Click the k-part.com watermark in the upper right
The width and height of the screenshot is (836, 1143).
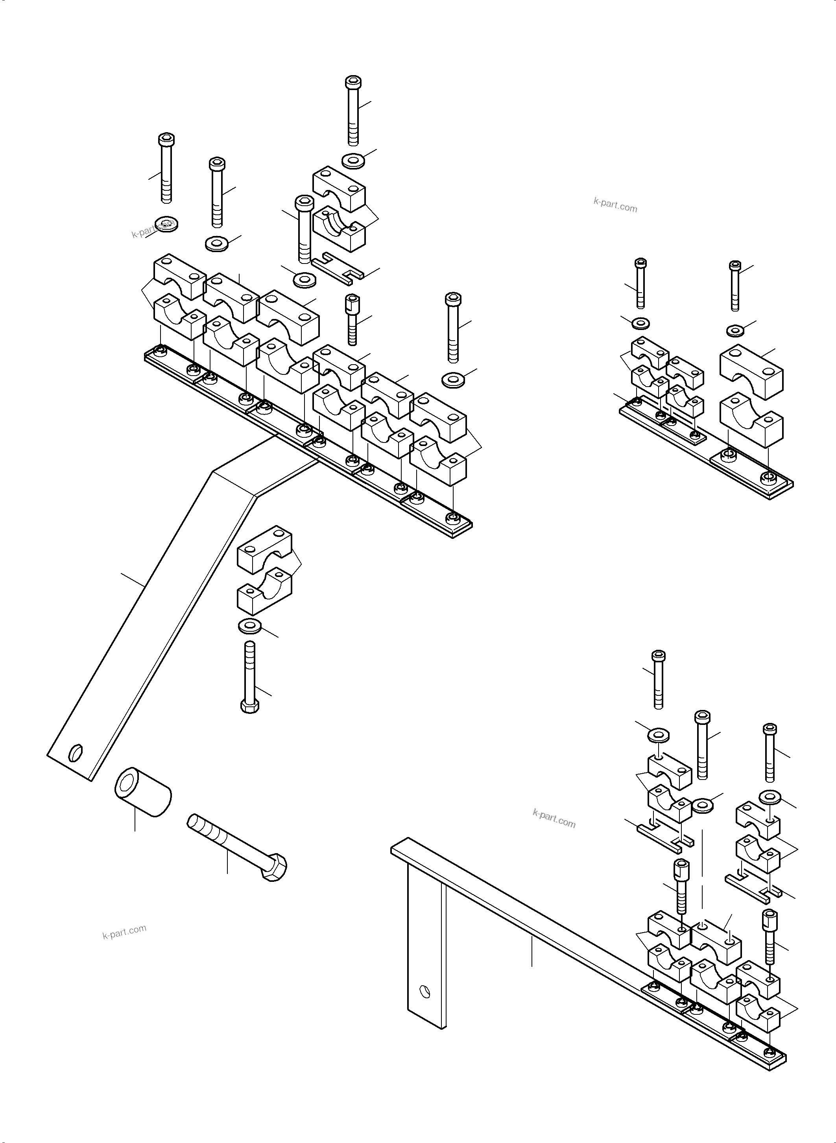coord(615,205)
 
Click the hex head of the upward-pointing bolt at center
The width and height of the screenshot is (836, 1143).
coord(250,706)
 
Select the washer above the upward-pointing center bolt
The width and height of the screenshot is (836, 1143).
coord(249,625)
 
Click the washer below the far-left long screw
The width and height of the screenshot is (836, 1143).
coord(166,223)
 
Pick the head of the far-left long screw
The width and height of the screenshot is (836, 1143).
coord(166,139)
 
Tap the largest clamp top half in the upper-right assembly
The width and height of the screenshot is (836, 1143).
coord(751,369)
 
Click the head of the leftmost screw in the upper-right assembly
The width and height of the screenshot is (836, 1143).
coord(640,263)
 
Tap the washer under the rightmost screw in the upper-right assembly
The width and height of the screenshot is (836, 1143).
coord(736,330)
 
